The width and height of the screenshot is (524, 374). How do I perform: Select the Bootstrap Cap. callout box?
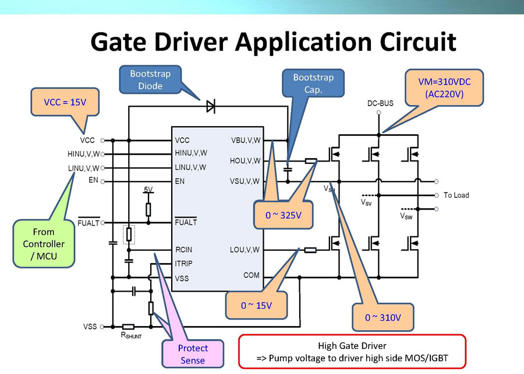point(313,84)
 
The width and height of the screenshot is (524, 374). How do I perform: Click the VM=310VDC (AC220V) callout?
point(444,88)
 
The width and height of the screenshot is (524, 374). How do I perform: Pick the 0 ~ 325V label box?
point(284,215)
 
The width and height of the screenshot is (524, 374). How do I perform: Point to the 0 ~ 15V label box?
point(256,305)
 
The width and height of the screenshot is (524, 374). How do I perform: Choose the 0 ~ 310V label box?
point(383,317)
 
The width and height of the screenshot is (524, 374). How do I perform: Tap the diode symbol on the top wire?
point(210,106)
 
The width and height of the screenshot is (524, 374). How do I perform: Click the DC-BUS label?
point(380,104)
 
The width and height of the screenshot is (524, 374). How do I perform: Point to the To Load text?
point(456,195)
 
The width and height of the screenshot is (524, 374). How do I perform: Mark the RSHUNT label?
point(131,335)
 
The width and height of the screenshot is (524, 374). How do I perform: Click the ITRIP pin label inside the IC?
point(183,264)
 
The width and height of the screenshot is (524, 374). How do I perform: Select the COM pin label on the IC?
point(252,275)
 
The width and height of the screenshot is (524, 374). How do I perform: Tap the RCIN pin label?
point(183,250)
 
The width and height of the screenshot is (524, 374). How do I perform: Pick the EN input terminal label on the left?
point(93,180)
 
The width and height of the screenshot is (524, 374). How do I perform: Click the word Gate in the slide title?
point(125,43)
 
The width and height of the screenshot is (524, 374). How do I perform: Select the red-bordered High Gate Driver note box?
point(352,351)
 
